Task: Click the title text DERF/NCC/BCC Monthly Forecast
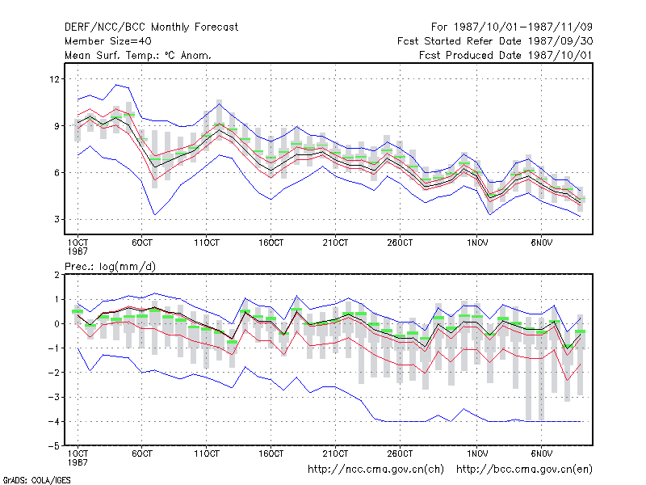151,27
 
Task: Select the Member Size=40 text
108,41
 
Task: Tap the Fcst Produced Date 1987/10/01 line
505,55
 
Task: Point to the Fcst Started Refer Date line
495,41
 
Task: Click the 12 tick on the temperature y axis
54,78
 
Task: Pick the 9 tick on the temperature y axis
57,126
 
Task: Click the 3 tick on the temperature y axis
57,219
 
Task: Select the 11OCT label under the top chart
207,242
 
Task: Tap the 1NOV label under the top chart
477,242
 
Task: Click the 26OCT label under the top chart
400,242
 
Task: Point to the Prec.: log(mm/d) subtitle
110,267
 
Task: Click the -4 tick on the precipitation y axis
54,421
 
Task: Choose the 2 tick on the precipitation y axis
57,275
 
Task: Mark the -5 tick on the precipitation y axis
54,446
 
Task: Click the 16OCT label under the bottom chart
271,453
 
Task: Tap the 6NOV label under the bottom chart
541,453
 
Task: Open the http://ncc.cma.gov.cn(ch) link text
375,470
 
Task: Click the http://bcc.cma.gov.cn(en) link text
524,470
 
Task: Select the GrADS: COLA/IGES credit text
37,480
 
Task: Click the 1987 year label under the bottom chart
78,462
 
